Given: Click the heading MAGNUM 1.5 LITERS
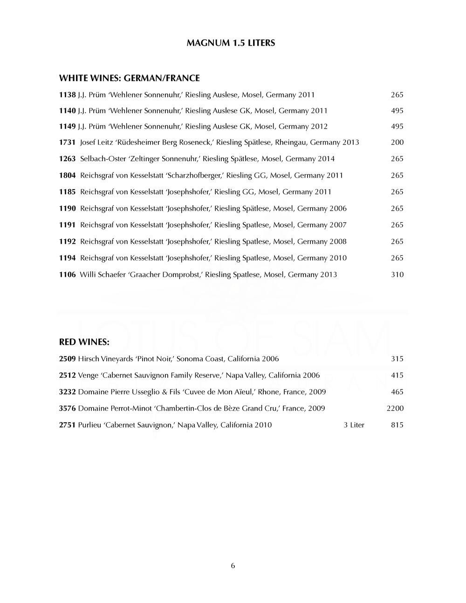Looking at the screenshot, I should point(231,43).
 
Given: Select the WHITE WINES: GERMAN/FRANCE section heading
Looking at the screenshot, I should point(129,78).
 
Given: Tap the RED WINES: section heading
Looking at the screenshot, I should point(84,342).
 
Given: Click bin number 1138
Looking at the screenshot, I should point(67,95).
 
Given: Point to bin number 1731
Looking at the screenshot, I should point(67,142).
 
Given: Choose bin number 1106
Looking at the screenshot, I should point(67,274).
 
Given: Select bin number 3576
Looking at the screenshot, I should point(67,408).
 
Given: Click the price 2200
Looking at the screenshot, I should point(395,408).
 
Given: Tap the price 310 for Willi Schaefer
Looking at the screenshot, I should point(397,274).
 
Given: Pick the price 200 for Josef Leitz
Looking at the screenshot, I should point(397,142).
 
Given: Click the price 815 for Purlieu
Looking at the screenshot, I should point(397,425).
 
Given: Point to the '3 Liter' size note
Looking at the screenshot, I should point(354,425).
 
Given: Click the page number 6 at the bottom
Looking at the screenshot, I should point(233,566).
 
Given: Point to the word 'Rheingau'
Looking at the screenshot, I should point(291,142).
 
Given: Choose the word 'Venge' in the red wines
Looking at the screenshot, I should point(88,375).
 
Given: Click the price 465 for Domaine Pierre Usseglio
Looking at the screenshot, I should point(397,392).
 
